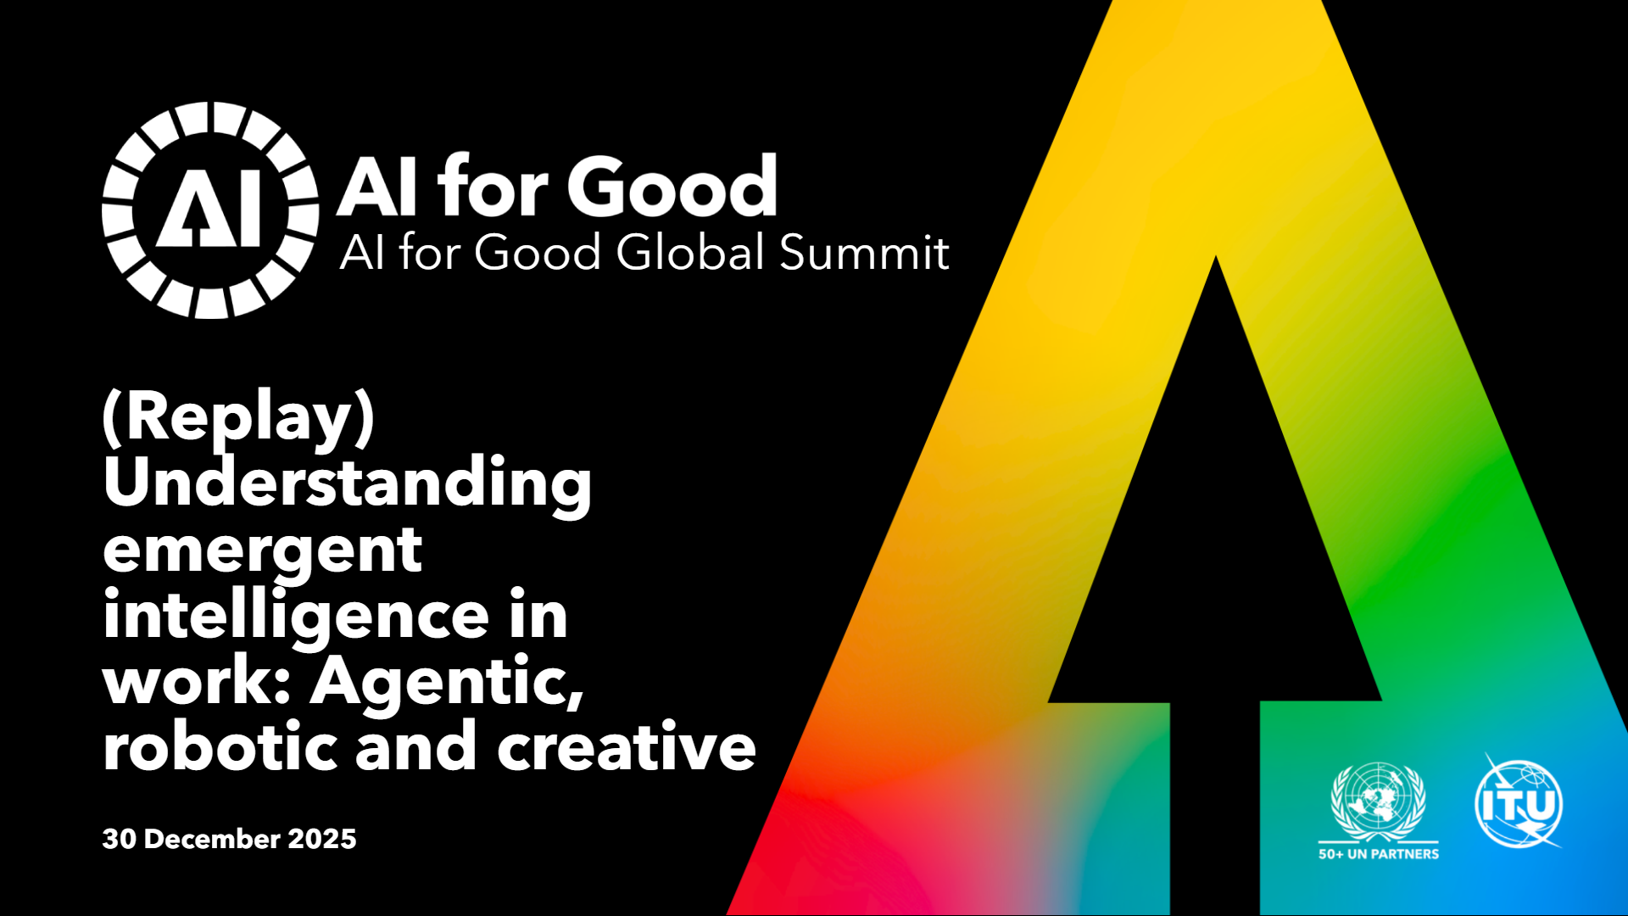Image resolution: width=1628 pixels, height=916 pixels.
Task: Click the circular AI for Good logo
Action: pos(210,210)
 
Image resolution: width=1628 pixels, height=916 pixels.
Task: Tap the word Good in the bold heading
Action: pos(672,186)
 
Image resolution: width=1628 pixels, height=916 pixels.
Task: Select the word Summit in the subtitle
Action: pos(864,252)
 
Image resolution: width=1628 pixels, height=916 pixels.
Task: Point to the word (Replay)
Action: pos(238,417)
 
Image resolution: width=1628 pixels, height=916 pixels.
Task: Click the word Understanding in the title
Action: pos(348,482)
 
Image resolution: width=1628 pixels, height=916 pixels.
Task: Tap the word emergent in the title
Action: pos(263,551)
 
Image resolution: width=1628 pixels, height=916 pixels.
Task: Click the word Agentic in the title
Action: pos(447,682)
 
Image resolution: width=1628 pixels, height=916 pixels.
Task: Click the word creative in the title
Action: pos(626,746)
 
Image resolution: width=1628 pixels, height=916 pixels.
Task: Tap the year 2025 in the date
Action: pos(322,839)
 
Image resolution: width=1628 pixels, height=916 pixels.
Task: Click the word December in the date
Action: pos(213,839)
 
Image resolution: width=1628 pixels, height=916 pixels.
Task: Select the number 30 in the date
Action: pos(120,839)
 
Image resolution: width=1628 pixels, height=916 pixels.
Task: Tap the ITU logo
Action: pos(1519,801)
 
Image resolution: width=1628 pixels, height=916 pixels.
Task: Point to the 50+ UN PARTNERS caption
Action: pos(1379,854)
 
